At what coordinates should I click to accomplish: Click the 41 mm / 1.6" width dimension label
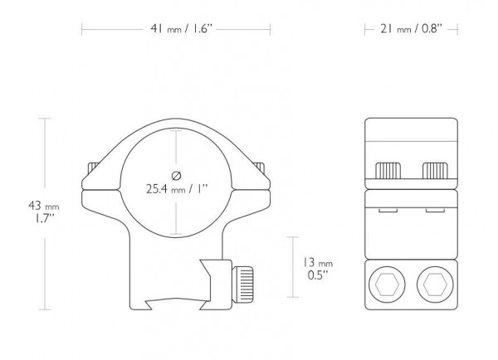point(181,29)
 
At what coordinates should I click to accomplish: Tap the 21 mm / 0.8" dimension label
point(412,29)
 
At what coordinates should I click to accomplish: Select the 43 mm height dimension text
point(44,206)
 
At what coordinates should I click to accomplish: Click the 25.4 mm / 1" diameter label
point(177,189)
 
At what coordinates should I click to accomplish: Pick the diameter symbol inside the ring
point(176,176)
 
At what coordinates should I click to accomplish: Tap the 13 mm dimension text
point(317,263)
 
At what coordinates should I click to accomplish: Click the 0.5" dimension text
point(318,275)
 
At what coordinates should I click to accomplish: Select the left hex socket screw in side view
point(387,285)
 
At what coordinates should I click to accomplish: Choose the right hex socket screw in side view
point(435,285)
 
